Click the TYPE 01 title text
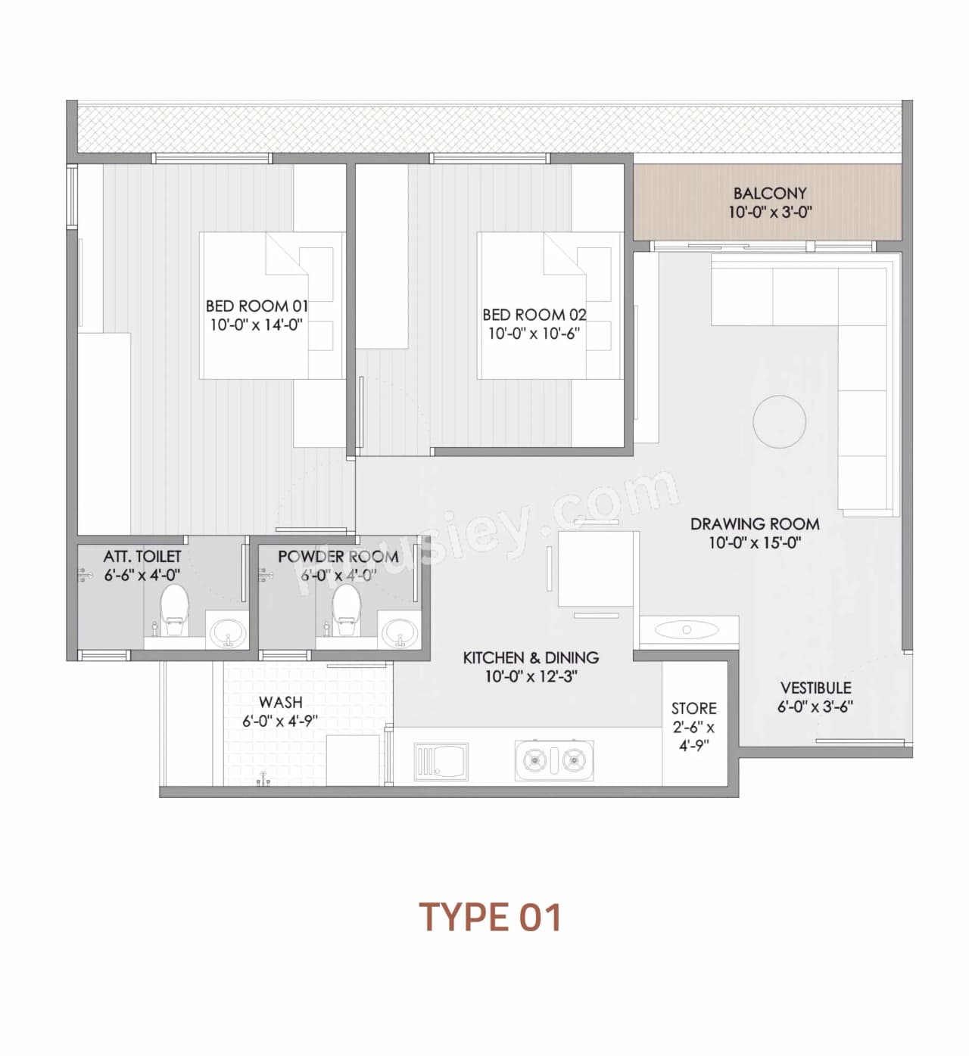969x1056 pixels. pyautogui.click(x=491, y=917)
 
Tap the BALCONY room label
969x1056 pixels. pyautogui.click(x=770, y=194)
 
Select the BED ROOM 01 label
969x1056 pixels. pyautogui.click(x=257, y=306)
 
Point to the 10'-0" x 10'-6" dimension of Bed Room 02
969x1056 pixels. pyautogui.click(x=534, y=334)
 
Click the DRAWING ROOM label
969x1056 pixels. pyautogui.click(x=754, y=523)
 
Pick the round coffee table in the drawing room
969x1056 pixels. pyautogui.click(x=779, y=421)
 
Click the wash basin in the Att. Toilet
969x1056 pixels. pyautogui.click(x=226, y=632)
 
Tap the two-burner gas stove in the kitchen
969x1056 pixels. pyautogui.click(x=554, y=760)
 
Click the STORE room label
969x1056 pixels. pyautogui.click(x=693, y=709)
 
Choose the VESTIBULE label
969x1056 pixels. pyautogui.click(x=815, y=688)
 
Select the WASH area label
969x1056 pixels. pyautogui.click(x=280, y=703)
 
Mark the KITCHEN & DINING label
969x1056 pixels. pyautogui.click(x=531, y=658)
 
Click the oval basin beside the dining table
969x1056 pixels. pyautogui.click(x=687, y=629)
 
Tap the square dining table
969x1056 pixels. pyautogui.click(x=597, y=569)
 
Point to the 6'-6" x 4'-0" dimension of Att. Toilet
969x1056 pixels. pyautogui.click(x=142, y=575)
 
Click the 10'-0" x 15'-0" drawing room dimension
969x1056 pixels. pyautogui.click(x=754, y=542)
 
